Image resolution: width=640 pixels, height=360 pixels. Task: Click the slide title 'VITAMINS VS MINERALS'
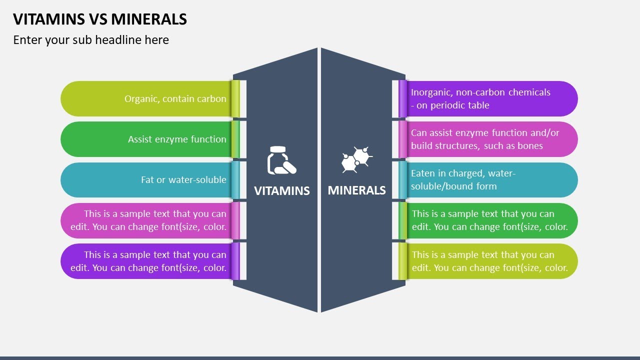pos(100,19)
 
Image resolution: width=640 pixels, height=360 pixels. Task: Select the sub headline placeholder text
pos(91,40)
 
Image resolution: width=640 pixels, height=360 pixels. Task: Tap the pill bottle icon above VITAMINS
pos(281,160)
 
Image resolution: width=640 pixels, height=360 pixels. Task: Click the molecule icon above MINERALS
pos(356,160)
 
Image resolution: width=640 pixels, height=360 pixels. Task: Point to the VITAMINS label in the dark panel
pos(282,190)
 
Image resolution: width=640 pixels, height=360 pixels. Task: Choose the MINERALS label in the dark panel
pos(356,190)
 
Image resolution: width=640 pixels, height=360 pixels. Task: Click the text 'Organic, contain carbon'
pos(175,99)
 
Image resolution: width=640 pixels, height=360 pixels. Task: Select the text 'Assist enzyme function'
pos(177,139)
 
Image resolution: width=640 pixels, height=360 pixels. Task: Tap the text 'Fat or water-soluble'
pos(183,180)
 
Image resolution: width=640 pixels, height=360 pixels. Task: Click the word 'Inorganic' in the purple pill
pos(431,92)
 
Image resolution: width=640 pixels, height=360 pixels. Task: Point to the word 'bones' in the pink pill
pos(530,146)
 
